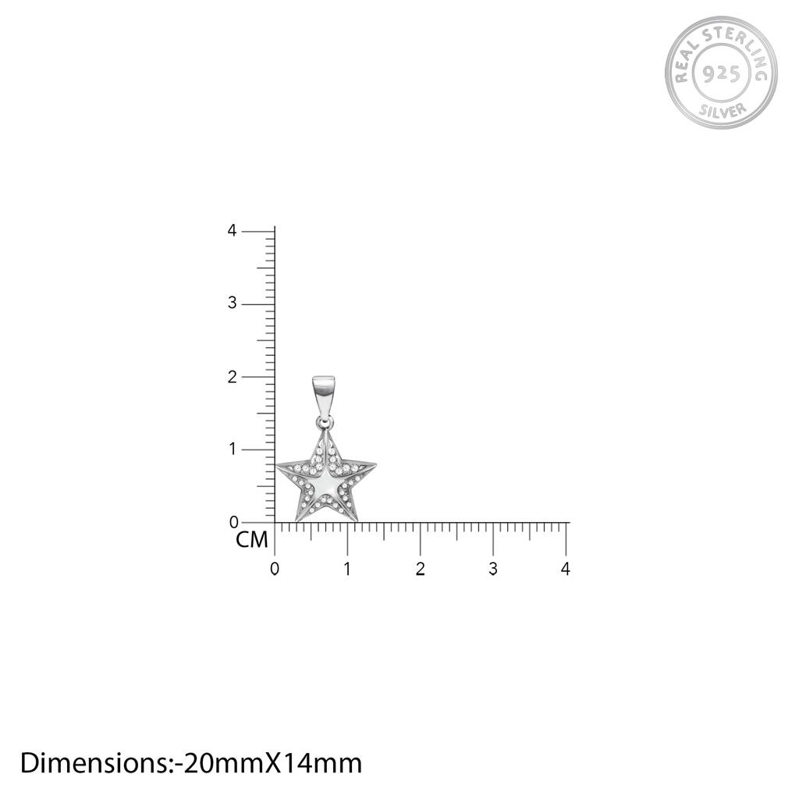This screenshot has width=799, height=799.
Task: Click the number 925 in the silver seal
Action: click(721, 74)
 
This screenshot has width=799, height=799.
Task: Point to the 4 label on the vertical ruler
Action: click(232, 230)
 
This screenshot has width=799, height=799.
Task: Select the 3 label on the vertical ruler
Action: click(232, 303)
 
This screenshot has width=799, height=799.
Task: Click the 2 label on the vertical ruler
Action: click(232, 376)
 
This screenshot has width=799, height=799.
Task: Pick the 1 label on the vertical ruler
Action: click(232, 449)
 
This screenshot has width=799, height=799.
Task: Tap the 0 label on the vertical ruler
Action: click(233, 522)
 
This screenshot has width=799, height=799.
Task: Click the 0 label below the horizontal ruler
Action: click(274, 569)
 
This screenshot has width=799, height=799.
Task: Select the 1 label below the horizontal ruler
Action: click(347, 569)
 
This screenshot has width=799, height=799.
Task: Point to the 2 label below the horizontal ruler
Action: click(420, 569)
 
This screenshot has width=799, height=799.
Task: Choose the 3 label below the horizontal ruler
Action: click(493, 569)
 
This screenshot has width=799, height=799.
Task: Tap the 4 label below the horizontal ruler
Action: click(566, 569)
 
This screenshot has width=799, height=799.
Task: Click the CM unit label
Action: click(252, 540)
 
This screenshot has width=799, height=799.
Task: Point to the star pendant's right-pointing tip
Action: click(373, 467)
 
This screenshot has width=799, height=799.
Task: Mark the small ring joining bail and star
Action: click(323, 422)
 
